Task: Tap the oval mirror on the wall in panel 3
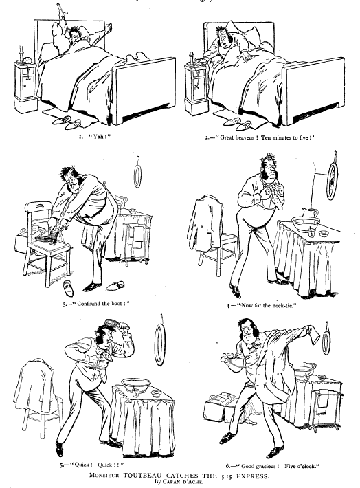point(137,176)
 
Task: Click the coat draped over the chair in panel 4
point(205,223)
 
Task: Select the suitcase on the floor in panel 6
point(218,409)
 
